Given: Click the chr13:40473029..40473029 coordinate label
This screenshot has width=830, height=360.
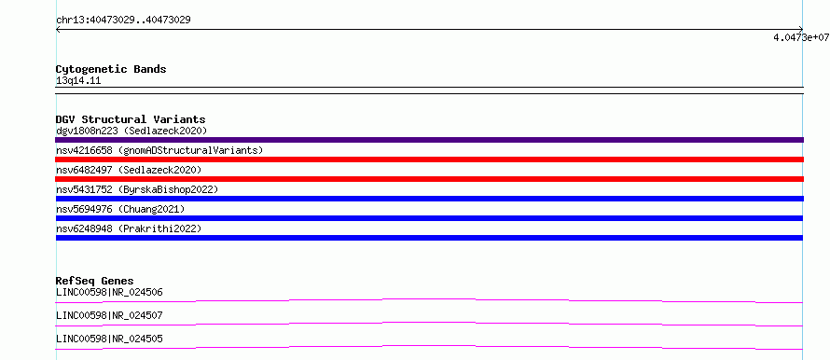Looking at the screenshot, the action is pyautogui.click(x=123, y=21).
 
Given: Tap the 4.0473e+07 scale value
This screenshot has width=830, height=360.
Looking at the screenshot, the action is pyautogui.click(x=801, y=37).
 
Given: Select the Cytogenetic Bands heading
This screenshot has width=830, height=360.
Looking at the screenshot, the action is pyautogui.click(x=111, y=69).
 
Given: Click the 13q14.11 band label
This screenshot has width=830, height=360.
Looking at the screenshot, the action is pyautogui.click(x=78, y=81).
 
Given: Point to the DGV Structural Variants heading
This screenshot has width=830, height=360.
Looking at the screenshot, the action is pyautogui.click(x=131, y=119).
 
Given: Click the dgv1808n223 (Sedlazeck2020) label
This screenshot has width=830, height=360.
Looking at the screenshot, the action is pyautogui.click(x=131, y=131).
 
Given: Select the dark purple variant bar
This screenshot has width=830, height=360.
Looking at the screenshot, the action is pyautogui.click(x=429, y=140).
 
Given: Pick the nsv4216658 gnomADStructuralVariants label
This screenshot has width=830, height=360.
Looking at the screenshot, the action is pyautogui.click(x=159, y=150).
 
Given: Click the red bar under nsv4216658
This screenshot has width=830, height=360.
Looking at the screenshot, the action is pyautogui.click(x=429, y=159).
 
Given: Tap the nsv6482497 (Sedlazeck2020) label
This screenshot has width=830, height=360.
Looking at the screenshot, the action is pyautogui.click(x=129, y=170).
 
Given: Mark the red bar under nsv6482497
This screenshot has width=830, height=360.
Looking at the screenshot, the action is pyautogui.click(x=429, y=179).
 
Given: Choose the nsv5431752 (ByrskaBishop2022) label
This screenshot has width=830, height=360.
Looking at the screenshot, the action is pyautogui.click(x=137, y=189).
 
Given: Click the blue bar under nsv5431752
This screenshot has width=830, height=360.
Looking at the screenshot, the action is pyautogui.click(x=429, y=199).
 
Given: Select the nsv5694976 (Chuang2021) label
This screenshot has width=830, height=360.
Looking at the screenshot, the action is pyautogui.click(x=120, y=209).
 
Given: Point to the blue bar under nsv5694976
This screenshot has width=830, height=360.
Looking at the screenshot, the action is pyautogui.click(x=429, y=218).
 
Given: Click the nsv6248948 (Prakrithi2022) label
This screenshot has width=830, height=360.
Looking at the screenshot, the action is pyautogui.click(x=129, y=228).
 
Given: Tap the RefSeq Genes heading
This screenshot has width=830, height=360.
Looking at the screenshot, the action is pyautogui.click(x=95, y=281).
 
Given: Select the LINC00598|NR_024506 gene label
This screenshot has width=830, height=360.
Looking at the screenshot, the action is pyautogui.click(x=109, y=292).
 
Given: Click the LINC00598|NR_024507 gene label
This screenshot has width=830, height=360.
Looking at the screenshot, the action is pyautogui.click(x=109, y=315).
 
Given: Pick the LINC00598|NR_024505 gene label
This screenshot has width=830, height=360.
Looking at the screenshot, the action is pyautogui.click(x=109, y=339).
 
